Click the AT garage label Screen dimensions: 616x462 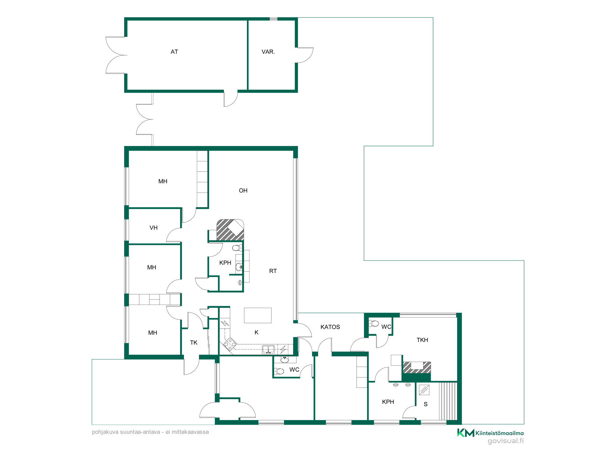[x=174, y=52]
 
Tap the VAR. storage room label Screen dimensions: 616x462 [x=268, y=52]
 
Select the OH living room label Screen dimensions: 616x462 [x=243, y=191]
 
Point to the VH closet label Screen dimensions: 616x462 [x=153, y=228]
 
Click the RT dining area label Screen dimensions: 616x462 [x=273, y=271]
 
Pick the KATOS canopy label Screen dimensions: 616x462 [x=330, y=327]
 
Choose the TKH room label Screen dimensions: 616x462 [x=422, y=340]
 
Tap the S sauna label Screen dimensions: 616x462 [x=426, y=404]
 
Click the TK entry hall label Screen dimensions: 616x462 [x=194, y=343]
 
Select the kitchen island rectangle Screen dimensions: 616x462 [x=258, y=315]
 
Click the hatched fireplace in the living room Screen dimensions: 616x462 [x=230, y=230]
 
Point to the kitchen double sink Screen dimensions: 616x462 [x=268, y=349]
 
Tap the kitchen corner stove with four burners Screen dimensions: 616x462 [x=230, y=344]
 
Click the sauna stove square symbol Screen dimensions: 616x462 [x=424, y=390]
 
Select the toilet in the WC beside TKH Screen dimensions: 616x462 [x=374, y=323]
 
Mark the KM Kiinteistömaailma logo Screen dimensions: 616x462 [x=490, y=433]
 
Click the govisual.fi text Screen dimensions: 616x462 [x=505, y=441]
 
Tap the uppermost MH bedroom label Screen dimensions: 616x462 [x=163, y=181]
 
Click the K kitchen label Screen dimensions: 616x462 [x=257, y=332]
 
